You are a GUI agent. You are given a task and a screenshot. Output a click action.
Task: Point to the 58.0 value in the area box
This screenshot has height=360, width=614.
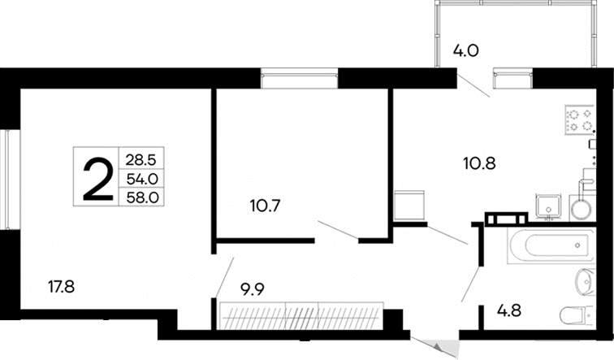tap(141, 197)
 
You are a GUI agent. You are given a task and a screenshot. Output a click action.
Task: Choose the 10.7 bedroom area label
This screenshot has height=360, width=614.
tap(266, 206)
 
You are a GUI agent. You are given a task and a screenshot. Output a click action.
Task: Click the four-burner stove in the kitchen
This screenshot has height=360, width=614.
tap(578, 120)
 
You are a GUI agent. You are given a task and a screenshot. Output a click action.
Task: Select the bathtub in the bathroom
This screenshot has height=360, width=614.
tap(549, 245)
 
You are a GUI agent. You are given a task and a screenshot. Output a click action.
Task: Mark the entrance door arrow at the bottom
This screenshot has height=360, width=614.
tap(441, 349)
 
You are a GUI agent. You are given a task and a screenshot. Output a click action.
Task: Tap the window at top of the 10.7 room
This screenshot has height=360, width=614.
tap(298, 79)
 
